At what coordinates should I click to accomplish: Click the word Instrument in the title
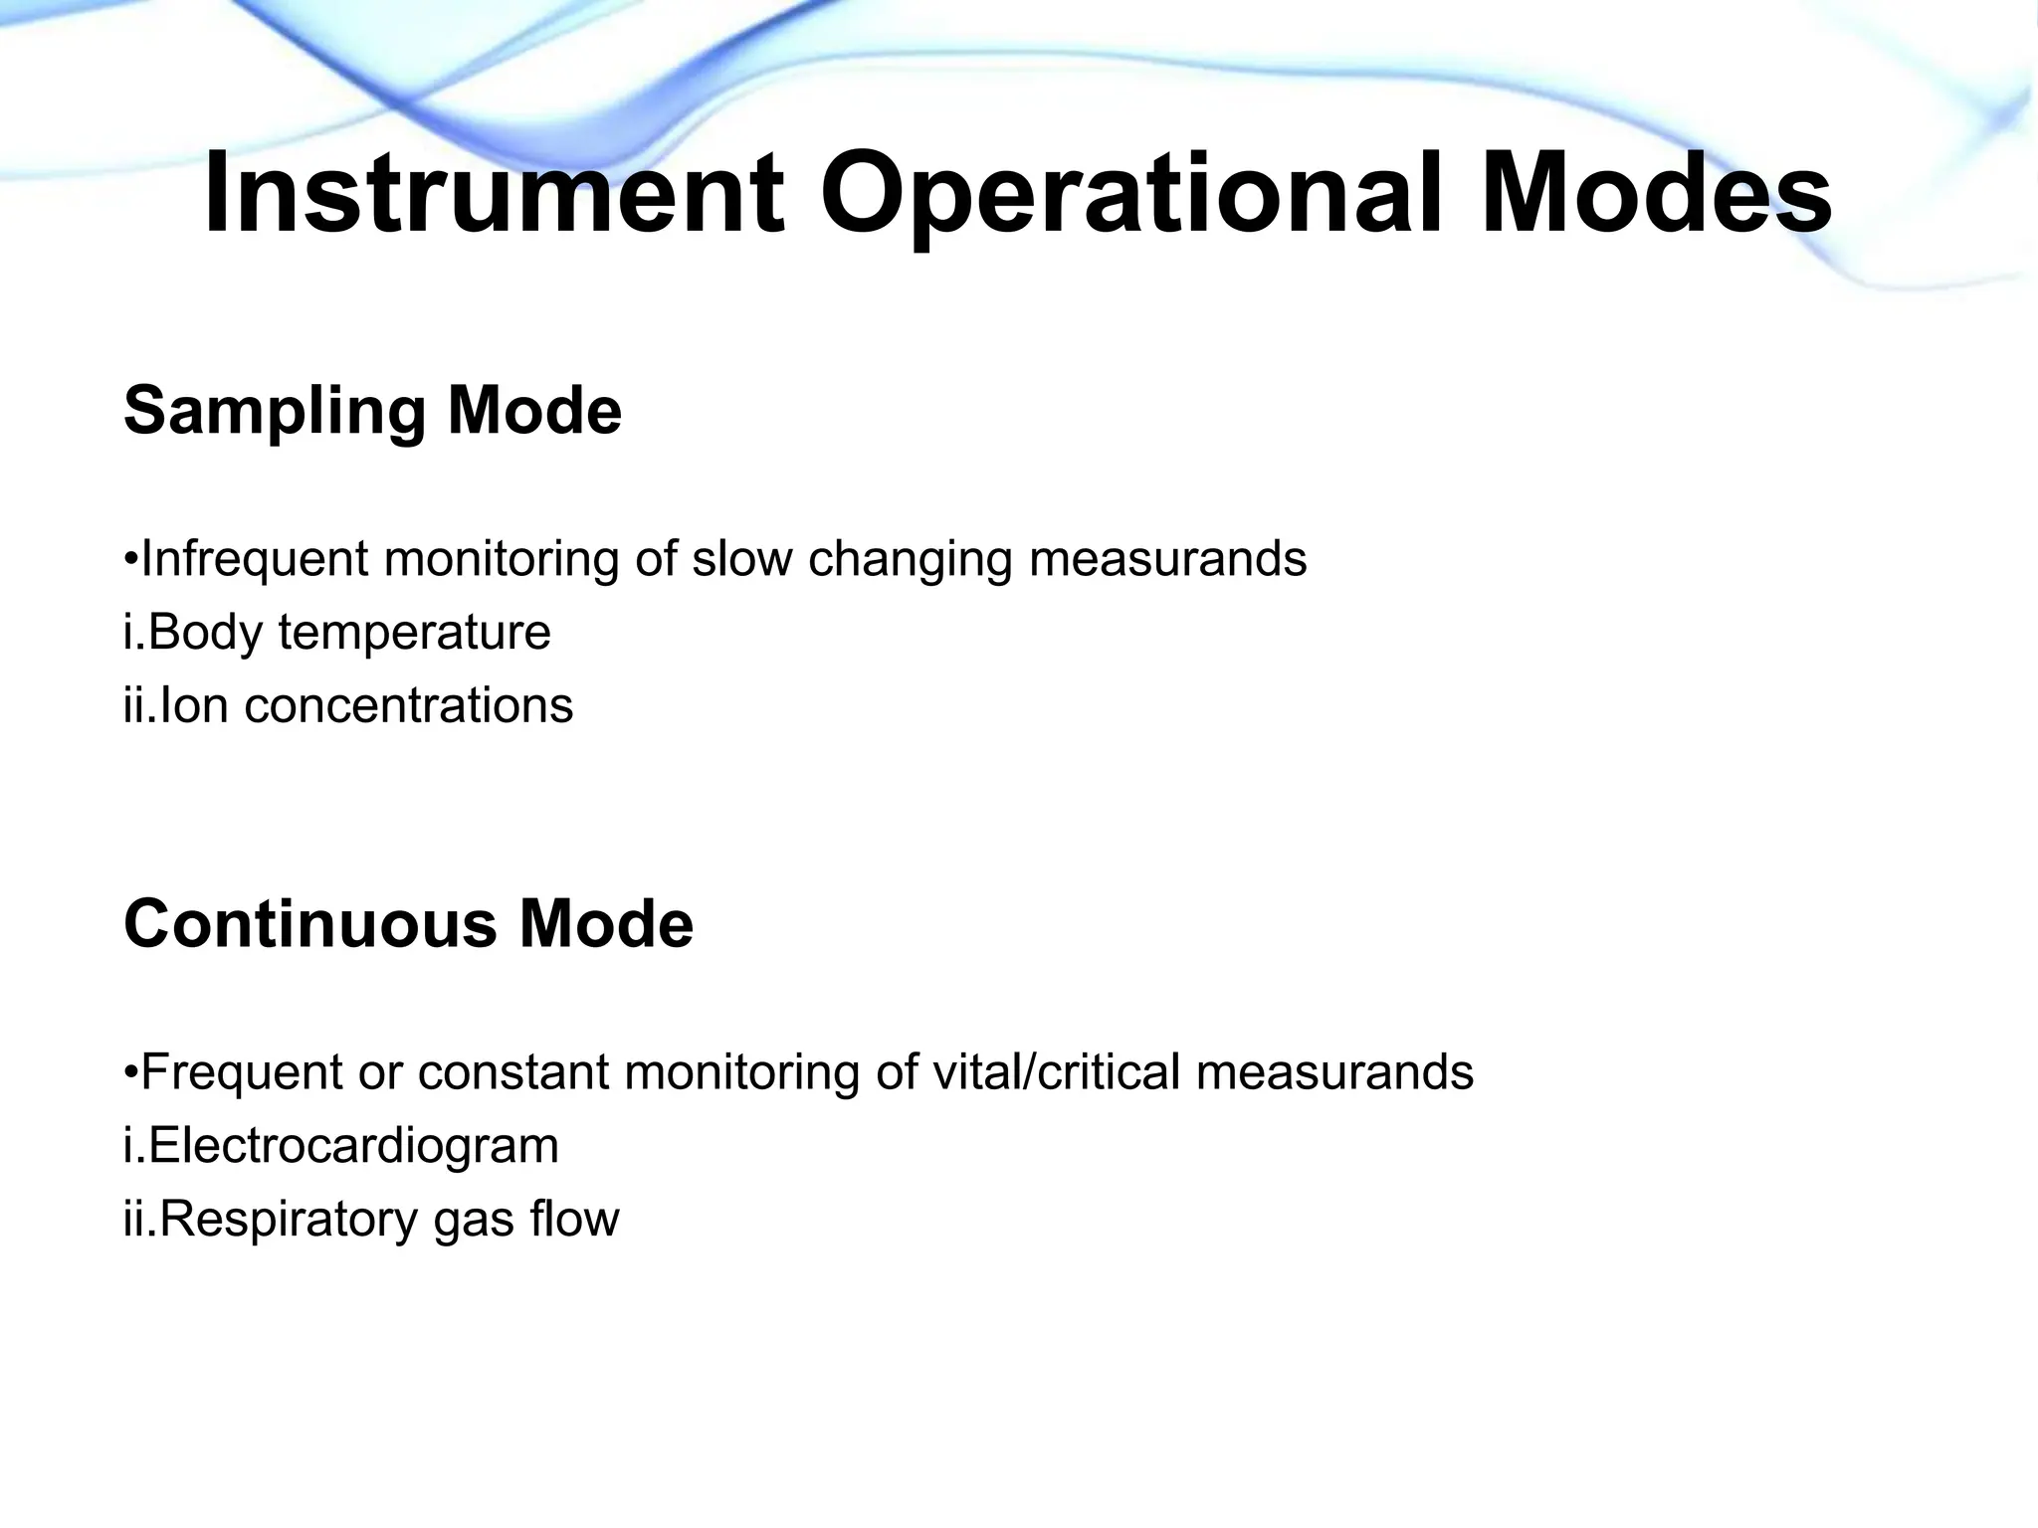pos(495,194)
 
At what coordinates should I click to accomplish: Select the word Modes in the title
pos(1656,194)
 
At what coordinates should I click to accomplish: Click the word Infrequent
pos(255,559)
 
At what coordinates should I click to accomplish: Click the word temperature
pos(414,633)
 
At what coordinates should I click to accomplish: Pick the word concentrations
pos(408,706)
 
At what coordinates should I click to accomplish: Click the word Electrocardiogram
pos(353,1146)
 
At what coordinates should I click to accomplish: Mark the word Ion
pos(193,706)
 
